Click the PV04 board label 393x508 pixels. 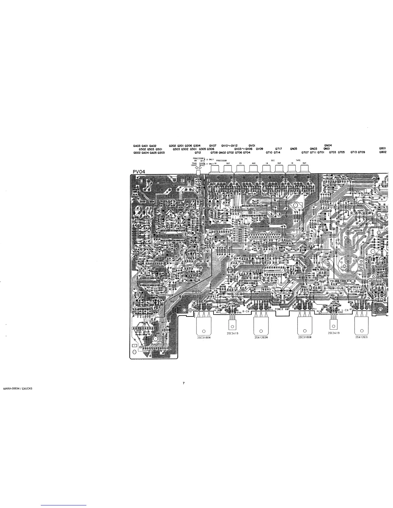point(139,172)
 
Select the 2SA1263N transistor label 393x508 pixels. point(261,337)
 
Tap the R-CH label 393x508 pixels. point(246,311)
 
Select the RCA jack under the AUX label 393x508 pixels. point(253,168)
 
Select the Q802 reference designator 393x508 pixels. point(382,152)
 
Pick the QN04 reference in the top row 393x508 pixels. point(328,146)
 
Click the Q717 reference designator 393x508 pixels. point(278,149)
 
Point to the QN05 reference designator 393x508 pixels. point(293,149)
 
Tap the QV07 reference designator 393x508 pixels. point(213,146)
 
